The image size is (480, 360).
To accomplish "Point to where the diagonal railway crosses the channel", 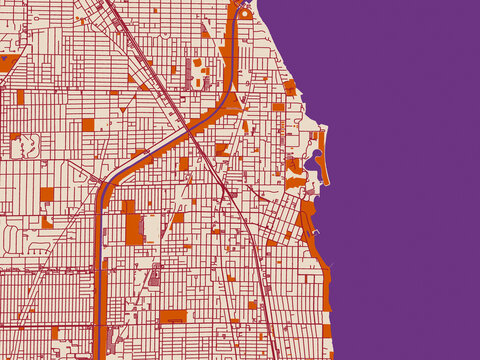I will [x=191, y=129].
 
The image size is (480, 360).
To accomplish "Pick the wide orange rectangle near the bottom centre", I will [x=173, y=316].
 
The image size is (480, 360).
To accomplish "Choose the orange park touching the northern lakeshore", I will [x=290, y=88].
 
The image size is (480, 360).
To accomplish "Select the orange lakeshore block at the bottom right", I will [x=326, y=331].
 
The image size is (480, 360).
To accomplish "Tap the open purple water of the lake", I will [x=410, y=180].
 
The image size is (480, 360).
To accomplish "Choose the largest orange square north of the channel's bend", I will [x=88, y=125].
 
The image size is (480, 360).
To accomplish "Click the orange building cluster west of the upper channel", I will [x=198, y=68].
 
